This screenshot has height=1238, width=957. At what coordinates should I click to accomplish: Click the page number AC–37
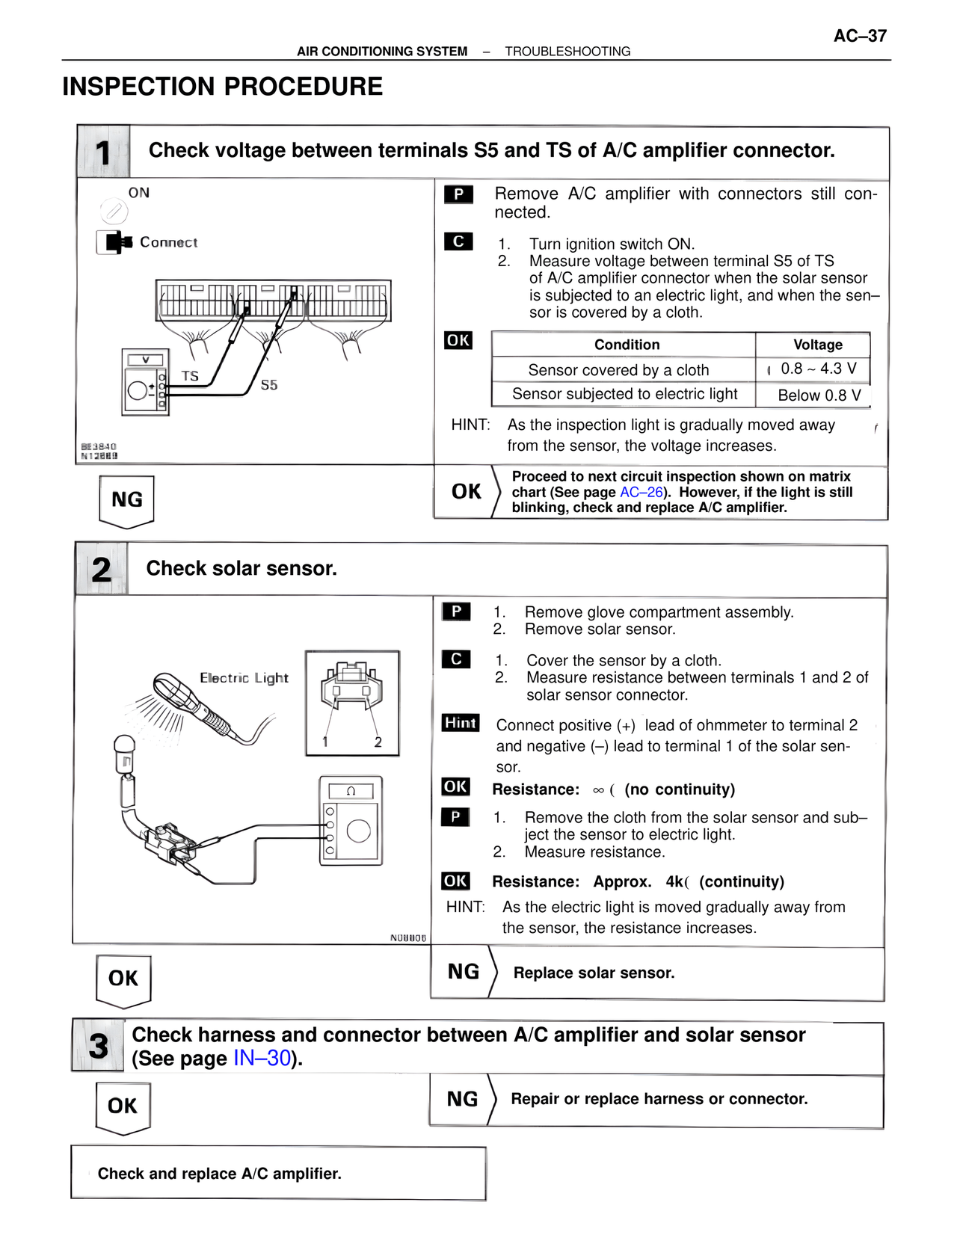(860, 36)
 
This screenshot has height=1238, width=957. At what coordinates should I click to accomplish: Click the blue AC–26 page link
(641, 492)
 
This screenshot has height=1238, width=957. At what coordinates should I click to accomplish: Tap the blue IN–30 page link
(262, 1058)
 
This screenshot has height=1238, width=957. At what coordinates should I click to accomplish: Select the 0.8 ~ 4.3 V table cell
(818, 369)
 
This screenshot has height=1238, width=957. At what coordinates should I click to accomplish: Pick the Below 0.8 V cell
(819, 395)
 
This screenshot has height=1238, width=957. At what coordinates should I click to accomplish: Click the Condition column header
(627, 345)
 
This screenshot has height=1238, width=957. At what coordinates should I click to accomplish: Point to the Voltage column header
(817, 345)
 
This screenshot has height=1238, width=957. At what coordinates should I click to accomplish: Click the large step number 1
(102, 153)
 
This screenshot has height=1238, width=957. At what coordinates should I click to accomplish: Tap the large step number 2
(102, 570)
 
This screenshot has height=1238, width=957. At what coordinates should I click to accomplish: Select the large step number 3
(98, 1046)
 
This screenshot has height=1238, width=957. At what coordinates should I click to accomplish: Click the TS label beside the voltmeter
(190, 376)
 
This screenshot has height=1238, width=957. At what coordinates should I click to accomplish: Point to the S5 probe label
(269, 385)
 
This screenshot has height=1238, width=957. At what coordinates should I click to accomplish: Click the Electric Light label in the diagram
(244, 678)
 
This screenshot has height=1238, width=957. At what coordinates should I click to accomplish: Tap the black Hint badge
(461, 722)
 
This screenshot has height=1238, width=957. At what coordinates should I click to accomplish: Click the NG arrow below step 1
(126, 502)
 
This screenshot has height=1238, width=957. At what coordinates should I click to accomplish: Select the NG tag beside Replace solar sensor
(464, 971)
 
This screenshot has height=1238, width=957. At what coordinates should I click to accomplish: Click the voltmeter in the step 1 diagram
(145, 382)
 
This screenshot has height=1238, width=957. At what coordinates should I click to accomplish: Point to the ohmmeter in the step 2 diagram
(351, 820)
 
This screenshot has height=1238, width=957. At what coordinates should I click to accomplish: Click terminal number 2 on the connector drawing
(378, 742)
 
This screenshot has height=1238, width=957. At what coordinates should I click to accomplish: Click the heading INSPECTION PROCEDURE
(222, 87)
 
